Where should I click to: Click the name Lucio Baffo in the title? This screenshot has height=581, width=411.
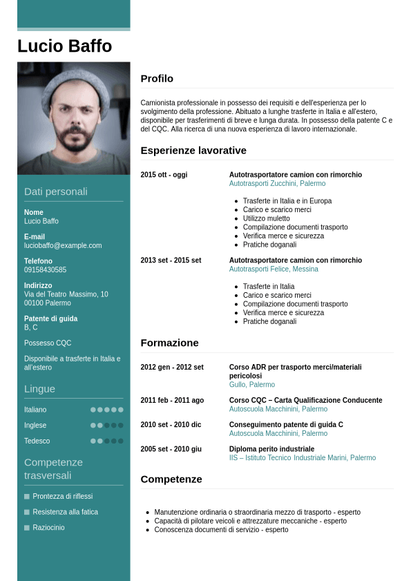[64, 46]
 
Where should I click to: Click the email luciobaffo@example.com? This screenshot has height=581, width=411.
[63, 245]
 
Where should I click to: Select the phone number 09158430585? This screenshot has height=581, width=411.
[46, 269]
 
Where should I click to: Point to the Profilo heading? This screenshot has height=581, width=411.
[157, 79]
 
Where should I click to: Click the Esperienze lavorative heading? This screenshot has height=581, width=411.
[193, 151]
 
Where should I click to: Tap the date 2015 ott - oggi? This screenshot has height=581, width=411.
[164, 175]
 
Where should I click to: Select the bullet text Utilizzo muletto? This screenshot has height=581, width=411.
[267, 218]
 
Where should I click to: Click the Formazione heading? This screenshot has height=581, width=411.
[169, 343]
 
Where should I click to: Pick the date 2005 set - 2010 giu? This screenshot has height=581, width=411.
[171, 449]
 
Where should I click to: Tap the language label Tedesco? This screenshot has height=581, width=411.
[37, 441]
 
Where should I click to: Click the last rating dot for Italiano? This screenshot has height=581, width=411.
[121, 410]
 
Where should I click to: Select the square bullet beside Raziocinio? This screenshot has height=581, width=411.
[27, 528]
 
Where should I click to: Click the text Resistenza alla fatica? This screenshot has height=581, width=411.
[65, 512]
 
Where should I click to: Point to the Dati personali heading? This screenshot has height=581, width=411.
[56, 191]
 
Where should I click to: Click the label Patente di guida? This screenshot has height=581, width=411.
[50, 318]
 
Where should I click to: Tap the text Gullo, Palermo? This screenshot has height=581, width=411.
[251, 385]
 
